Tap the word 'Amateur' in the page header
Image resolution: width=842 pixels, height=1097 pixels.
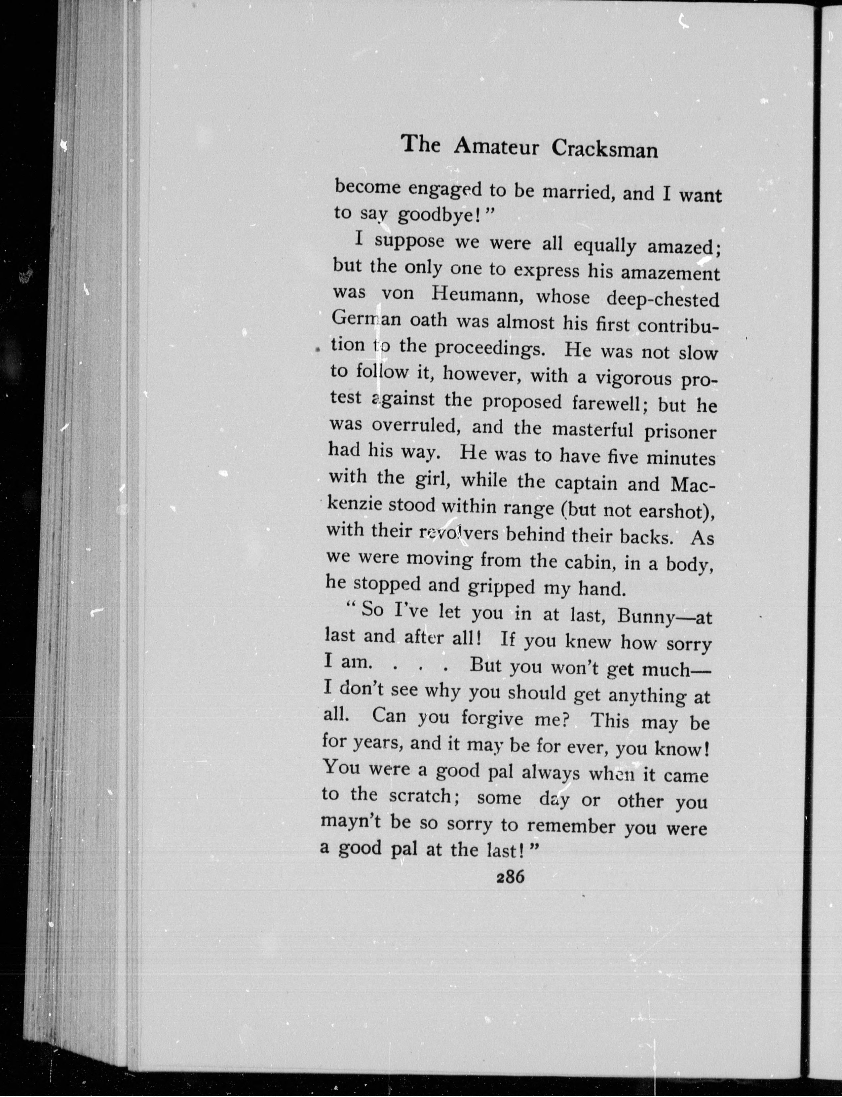pos(496,147)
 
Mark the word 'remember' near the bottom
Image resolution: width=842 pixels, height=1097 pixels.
pos(571,825)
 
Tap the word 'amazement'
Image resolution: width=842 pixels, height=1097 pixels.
pos(670,274)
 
